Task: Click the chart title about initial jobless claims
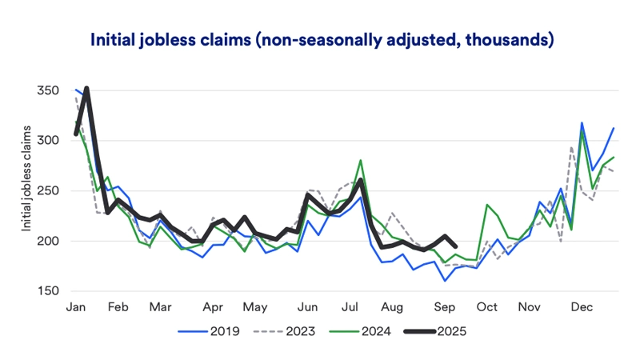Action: pos(322,39)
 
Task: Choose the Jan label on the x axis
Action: pos(76,307)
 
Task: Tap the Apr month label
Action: pos(212,307)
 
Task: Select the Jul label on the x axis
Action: pos(350,307)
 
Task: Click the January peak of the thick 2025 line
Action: pos(86,89)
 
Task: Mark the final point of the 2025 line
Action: pos(455,246)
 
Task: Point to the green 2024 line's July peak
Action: pos(362,161)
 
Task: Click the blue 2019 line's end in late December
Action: pos(614,128)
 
